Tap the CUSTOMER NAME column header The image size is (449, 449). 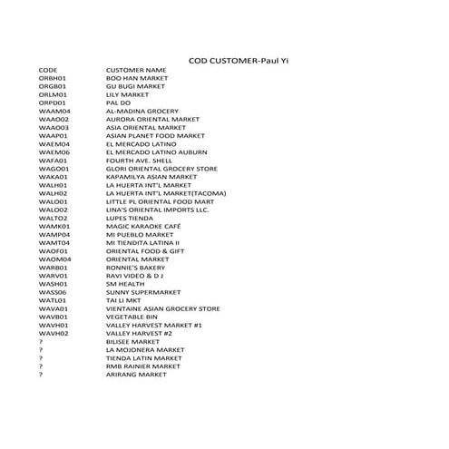[136, 69]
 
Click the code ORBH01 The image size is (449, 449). [53, 78]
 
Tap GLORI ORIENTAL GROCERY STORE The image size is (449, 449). [161, 168]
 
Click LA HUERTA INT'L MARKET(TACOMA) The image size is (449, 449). [166, 193]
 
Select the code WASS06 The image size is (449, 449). [53, 291]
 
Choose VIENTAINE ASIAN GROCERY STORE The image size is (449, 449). [163, 307]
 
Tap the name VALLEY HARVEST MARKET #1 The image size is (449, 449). [153, 324]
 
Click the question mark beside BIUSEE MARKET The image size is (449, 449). [41, 341]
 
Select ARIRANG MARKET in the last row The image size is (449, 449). [137, 374]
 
